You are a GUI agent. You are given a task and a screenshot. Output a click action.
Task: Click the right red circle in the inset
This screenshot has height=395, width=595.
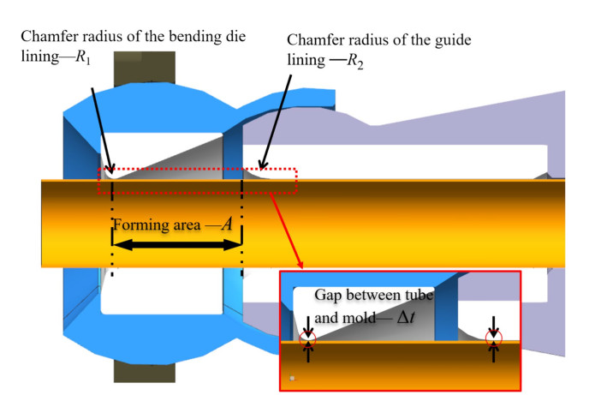493,341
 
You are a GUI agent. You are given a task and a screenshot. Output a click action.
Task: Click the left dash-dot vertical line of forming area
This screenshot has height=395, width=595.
112,231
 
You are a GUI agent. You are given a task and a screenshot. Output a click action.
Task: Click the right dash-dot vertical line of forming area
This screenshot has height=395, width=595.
242,231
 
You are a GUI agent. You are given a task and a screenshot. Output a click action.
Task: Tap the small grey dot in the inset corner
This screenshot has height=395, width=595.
293,377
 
